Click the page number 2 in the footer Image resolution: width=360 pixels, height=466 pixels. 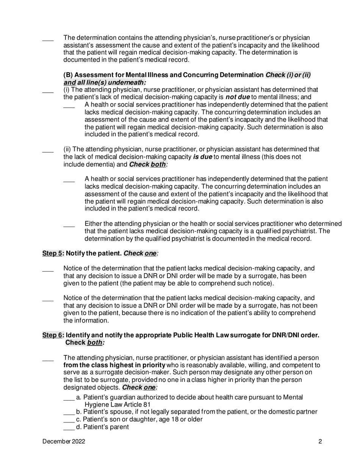tap(320, 441)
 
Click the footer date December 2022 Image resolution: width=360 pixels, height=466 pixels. tap(64, 441)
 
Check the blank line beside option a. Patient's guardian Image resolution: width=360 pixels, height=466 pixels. tap(69, 397)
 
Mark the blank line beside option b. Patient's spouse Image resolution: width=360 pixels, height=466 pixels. tap(69, 412)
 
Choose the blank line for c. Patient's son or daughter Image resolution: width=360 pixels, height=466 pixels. tap(69, 420)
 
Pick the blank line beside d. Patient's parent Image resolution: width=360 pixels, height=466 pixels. tap(69, 427)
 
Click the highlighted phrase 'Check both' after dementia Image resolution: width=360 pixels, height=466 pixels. tap(147, 164)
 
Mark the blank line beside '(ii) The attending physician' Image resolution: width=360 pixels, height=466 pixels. tap(48, 150)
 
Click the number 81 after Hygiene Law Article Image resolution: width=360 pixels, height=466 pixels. tap(147, 405)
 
